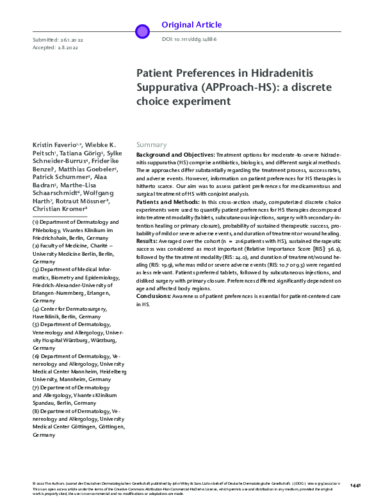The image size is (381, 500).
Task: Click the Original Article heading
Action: [x=191, y=25]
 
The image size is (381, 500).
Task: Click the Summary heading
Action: [x=151, y=145]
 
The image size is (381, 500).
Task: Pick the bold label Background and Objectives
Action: [x=175, y=155]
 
